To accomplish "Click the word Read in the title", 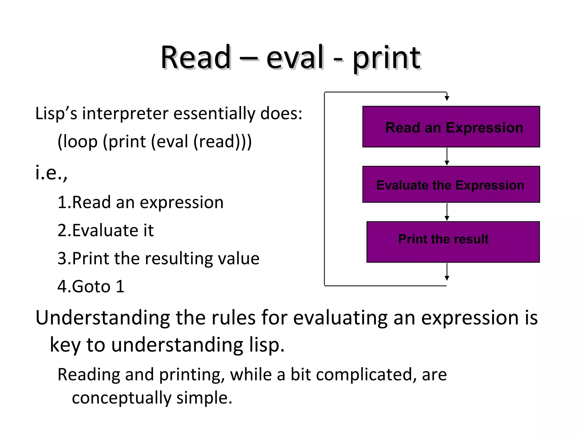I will coord(196,58).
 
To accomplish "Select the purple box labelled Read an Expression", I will coord(451,127).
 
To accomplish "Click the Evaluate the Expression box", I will coord(451,185).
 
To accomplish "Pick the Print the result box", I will coord(453,242).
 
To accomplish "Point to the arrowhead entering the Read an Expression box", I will coord(447,98).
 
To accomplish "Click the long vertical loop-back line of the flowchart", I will coord(325,189).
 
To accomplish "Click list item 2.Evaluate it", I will coord(105,230).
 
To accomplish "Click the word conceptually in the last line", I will coord(122,398).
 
